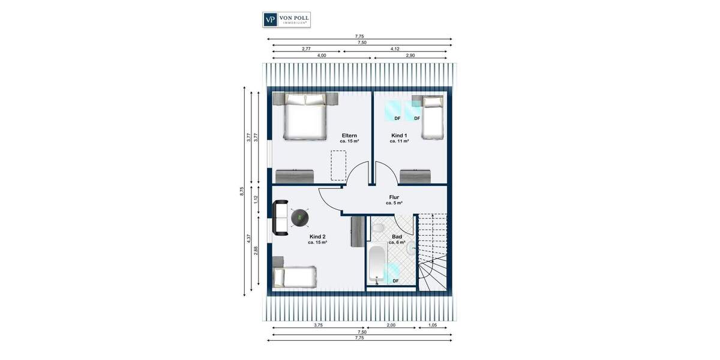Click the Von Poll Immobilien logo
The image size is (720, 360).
pyautogui.click(x=287, y=19)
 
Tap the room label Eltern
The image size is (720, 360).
pyautogui.click(x=350, y=136)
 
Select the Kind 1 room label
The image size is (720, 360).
pyautogui.click(x=399, y=136)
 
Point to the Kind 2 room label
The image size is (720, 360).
pyautogui.click(x=317, y=237)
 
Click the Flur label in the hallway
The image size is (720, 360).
pyautogui.click(x=394, y=197)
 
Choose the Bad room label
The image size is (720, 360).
pyautogui.click(x=397, y=236)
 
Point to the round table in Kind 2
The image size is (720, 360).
pyautogui.click(x=300, y=217)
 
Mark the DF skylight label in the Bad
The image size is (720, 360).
pyautogui.click(x=395, y=281)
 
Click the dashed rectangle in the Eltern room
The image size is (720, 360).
pyautogui.click(x=339, y=165)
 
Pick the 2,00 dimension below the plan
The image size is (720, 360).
pyautogui.click(x=391, y=325)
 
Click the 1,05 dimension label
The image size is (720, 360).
pyautogui.click(x=432, y=325)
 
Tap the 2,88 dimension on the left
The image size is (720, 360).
pyautogui.click(x=256, y=251)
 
